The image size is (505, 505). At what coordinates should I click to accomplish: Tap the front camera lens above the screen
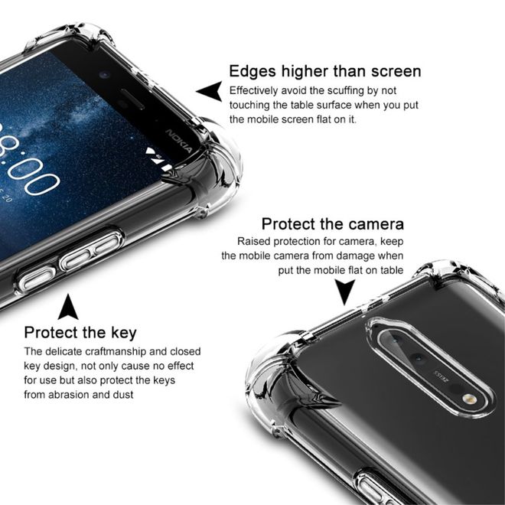[103, 77]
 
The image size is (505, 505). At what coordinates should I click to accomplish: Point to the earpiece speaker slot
[142, 103]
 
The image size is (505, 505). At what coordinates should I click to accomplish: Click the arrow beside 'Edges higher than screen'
[208, 91]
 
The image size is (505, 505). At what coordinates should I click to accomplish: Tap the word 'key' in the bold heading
[122, 333]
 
